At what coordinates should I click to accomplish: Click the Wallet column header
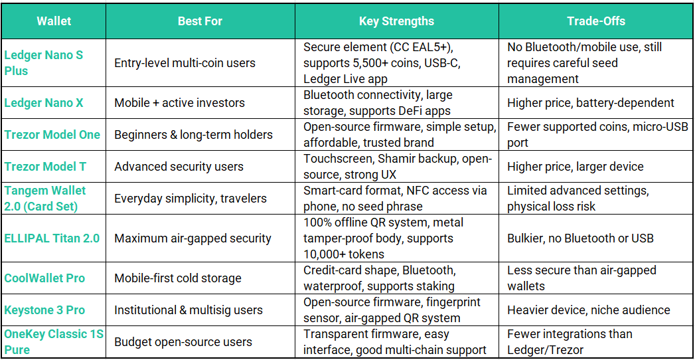(x=54, y=21)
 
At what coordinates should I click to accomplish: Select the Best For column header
(x=200, y=21)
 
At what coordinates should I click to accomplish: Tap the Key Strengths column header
(x=396, y=21)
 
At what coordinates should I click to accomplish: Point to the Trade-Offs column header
(x=595, y=21)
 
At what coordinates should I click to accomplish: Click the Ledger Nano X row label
(x=43, y=103)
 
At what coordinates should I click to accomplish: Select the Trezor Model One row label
(x=52, y=135)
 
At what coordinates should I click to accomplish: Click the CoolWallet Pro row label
(x=44, y=278)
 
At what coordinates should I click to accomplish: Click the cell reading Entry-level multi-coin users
(x=185, y=63)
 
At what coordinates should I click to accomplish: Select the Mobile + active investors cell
(x=179, y=103)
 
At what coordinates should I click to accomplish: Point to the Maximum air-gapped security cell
(x=193, y=238)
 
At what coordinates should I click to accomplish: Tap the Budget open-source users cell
(x=183, y=342)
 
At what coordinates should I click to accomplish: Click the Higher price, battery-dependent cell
(x=590, y=103)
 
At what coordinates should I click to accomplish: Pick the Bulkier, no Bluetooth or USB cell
(x=580, y=238)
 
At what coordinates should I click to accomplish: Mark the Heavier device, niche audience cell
(x=588, y=310)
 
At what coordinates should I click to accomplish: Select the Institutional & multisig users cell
(x=189, y=310)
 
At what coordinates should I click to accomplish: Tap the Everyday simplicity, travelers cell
(x=191, y=199)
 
